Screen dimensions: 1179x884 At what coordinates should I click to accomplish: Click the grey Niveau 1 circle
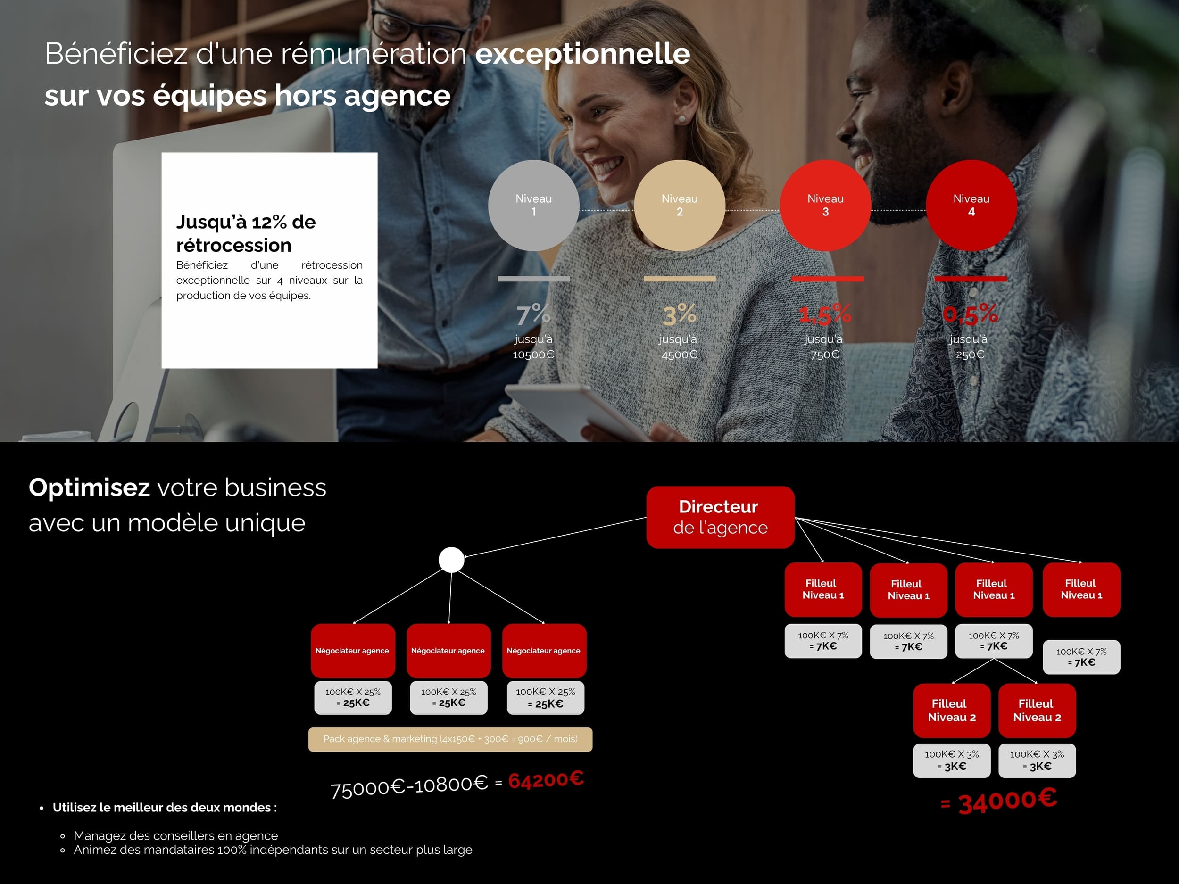click(533, 206)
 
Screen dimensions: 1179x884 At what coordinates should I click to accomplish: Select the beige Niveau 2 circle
click(680, 206)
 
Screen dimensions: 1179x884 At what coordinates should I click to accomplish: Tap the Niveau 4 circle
click(971, 206)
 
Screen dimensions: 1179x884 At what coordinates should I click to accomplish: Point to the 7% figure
click(533, 314)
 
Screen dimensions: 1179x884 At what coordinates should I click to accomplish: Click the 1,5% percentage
click(824, 314)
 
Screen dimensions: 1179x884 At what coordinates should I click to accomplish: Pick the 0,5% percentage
click(970, 314)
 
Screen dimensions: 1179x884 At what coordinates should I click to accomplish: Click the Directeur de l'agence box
click(720, 517)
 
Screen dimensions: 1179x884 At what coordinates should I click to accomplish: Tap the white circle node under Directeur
click(451, 560)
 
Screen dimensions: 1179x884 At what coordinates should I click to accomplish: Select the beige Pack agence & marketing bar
click(450, 739)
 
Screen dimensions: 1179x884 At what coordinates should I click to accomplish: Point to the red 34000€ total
click(998, 801)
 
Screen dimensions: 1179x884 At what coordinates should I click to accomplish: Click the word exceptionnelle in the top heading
click(582, 54)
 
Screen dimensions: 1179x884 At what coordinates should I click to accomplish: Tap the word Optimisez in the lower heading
click(89, 487)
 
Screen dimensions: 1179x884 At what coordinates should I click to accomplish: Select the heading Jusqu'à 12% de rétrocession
click(246, 233)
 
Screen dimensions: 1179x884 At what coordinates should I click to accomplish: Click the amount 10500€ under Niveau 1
click(533, 355)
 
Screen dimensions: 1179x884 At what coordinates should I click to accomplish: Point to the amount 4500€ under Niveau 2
click(680, 355)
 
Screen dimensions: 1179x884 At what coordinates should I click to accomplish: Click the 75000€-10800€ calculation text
click(409, 786)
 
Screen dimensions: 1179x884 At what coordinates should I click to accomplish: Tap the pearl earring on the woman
click(681, 119)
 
